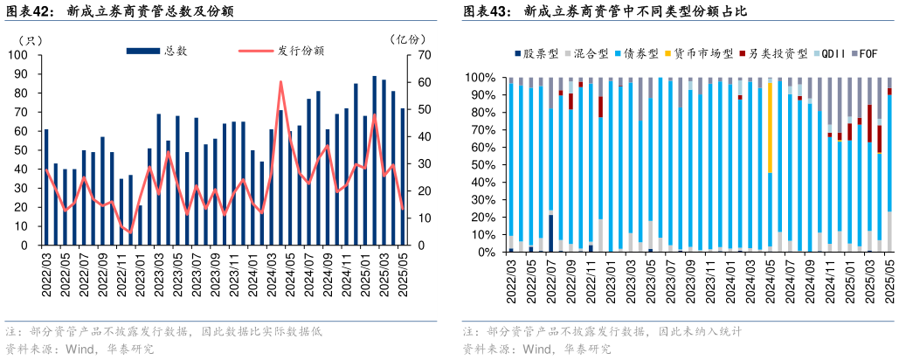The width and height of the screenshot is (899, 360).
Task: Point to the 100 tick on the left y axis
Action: (x=19, y=55)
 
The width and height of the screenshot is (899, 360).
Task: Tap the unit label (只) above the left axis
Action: (x=31, y=39)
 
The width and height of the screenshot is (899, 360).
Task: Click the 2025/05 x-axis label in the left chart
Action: (x=403, y=276)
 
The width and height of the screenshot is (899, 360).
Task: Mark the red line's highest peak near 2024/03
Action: (x=280, y=82)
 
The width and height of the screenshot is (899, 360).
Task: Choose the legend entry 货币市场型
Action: (x=702, y=54)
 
